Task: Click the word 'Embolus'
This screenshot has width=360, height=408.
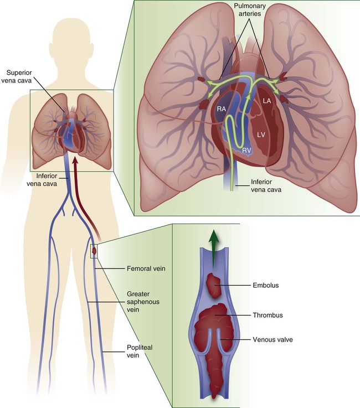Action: coord(264,286)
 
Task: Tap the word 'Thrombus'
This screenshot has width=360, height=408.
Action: coord(268,315)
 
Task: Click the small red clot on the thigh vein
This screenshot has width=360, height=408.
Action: coord(94,251)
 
